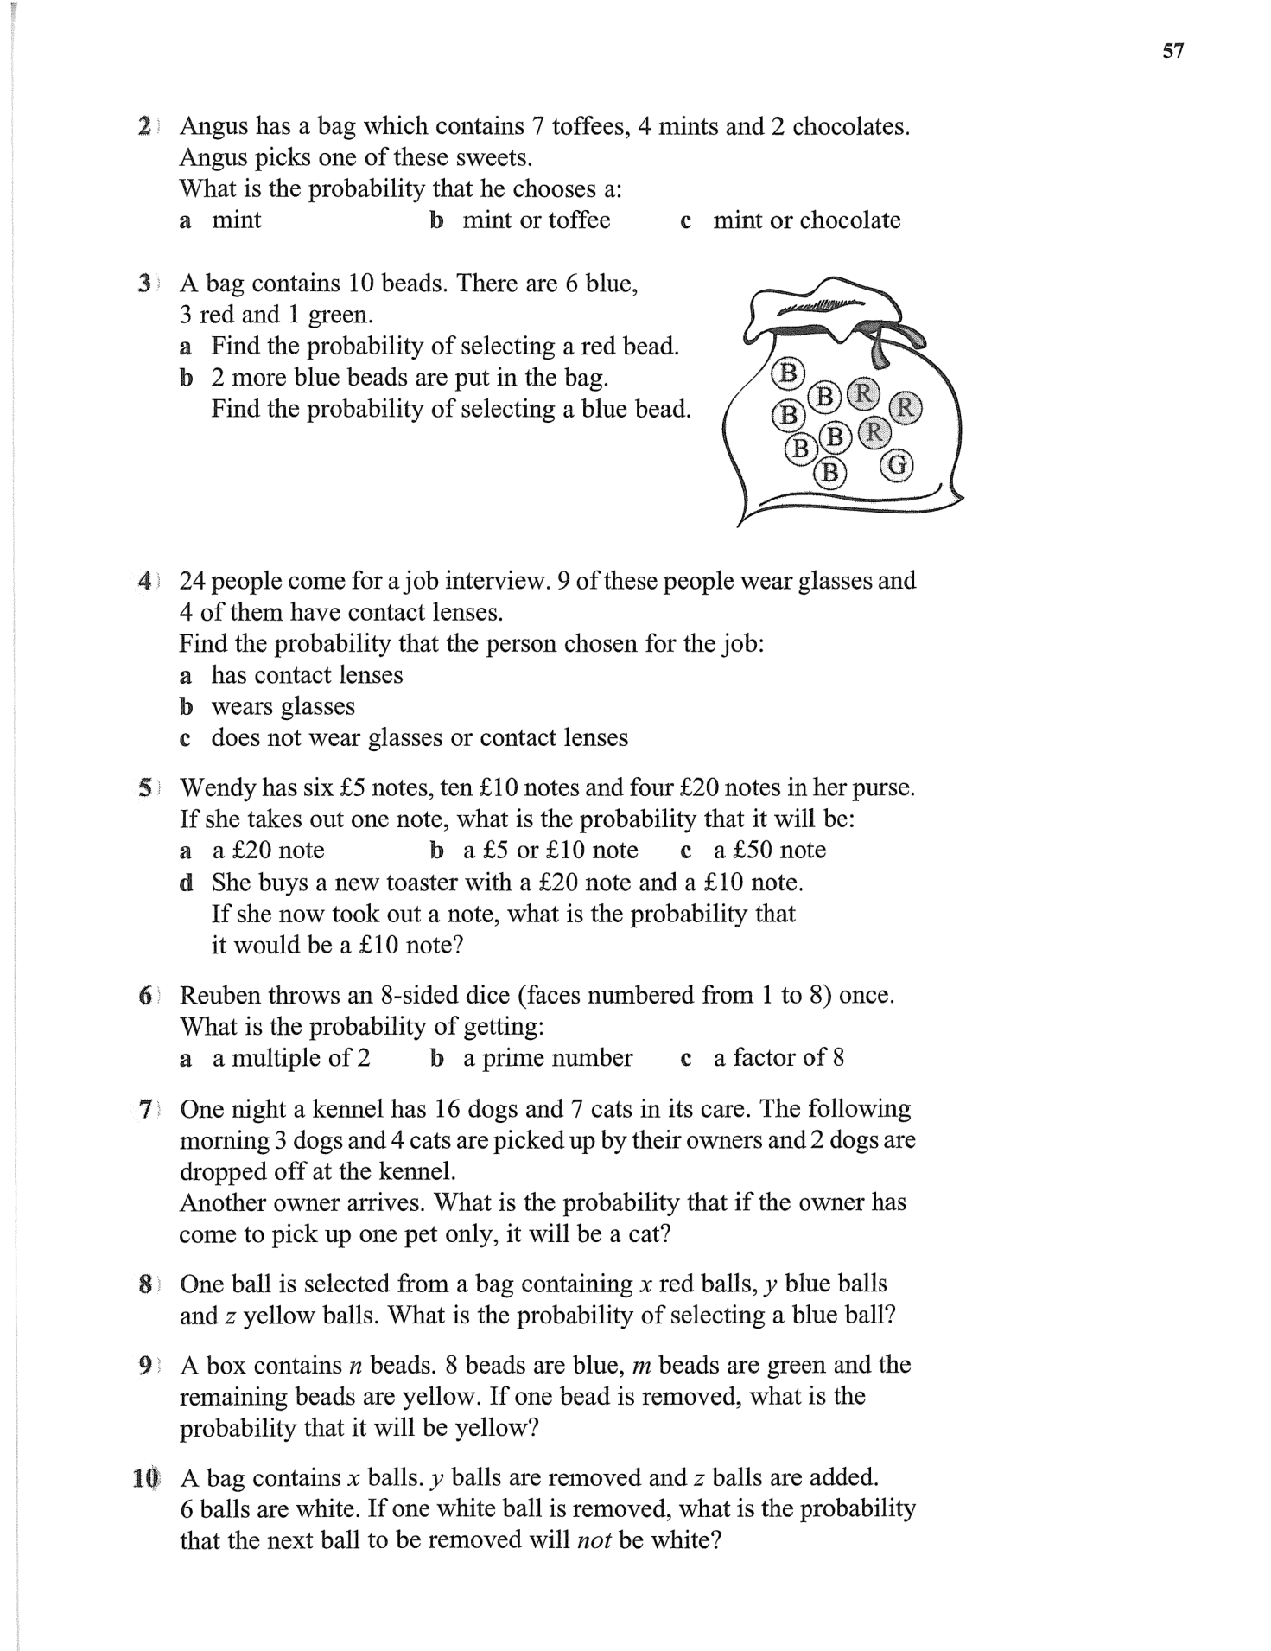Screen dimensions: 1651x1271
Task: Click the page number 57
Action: pyautogui.click(x=1172, y=51)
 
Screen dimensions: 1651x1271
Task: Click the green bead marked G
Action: pyautogui.click(x=897, y=466)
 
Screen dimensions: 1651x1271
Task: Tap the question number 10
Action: pyautogui.click(x=145, y=1477)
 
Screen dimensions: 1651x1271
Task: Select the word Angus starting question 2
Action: pyautogui.click(x=213, y=126)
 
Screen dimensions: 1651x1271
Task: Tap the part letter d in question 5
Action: pyautogui.click(x=185, y=883)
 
